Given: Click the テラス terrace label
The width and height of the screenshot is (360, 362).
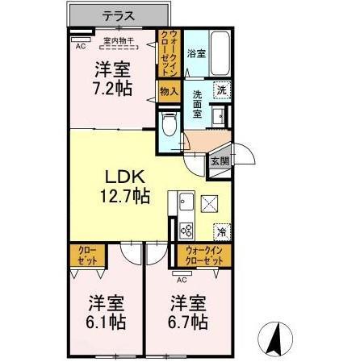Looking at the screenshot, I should click(118, 14).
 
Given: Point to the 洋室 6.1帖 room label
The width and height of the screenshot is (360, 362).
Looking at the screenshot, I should click(106, 312).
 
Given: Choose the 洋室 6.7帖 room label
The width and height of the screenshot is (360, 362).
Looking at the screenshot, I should click(188, 312).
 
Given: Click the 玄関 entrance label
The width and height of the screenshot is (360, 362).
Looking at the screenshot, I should click(220, 160).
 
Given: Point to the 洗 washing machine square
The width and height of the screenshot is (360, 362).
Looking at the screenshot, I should click(221, 90).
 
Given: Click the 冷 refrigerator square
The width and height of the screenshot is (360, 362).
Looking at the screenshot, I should click(221, 232).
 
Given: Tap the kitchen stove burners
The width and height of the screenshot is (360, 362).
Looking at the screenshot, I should click(185, 231).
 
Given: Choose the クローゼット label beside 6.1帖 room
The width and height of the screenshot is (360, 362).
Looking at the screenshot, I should click(87, 256).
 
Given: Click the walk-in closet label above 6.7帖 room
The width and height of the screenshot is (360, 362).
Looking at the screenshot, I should click(203, 256).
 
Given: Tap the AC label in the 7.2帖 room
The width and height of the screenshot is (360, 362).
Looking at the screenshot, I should click(81, 47).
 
